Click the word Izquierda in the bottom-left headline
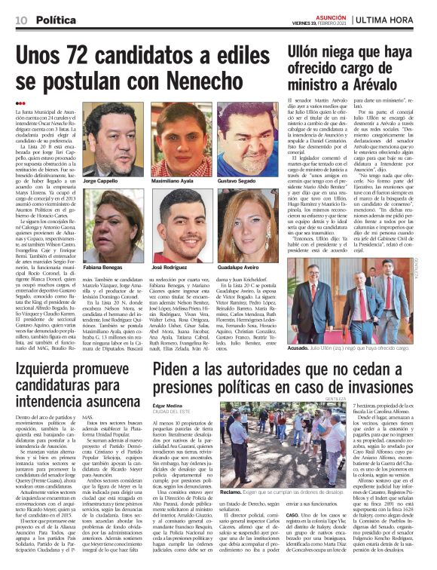pos(47,369)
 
